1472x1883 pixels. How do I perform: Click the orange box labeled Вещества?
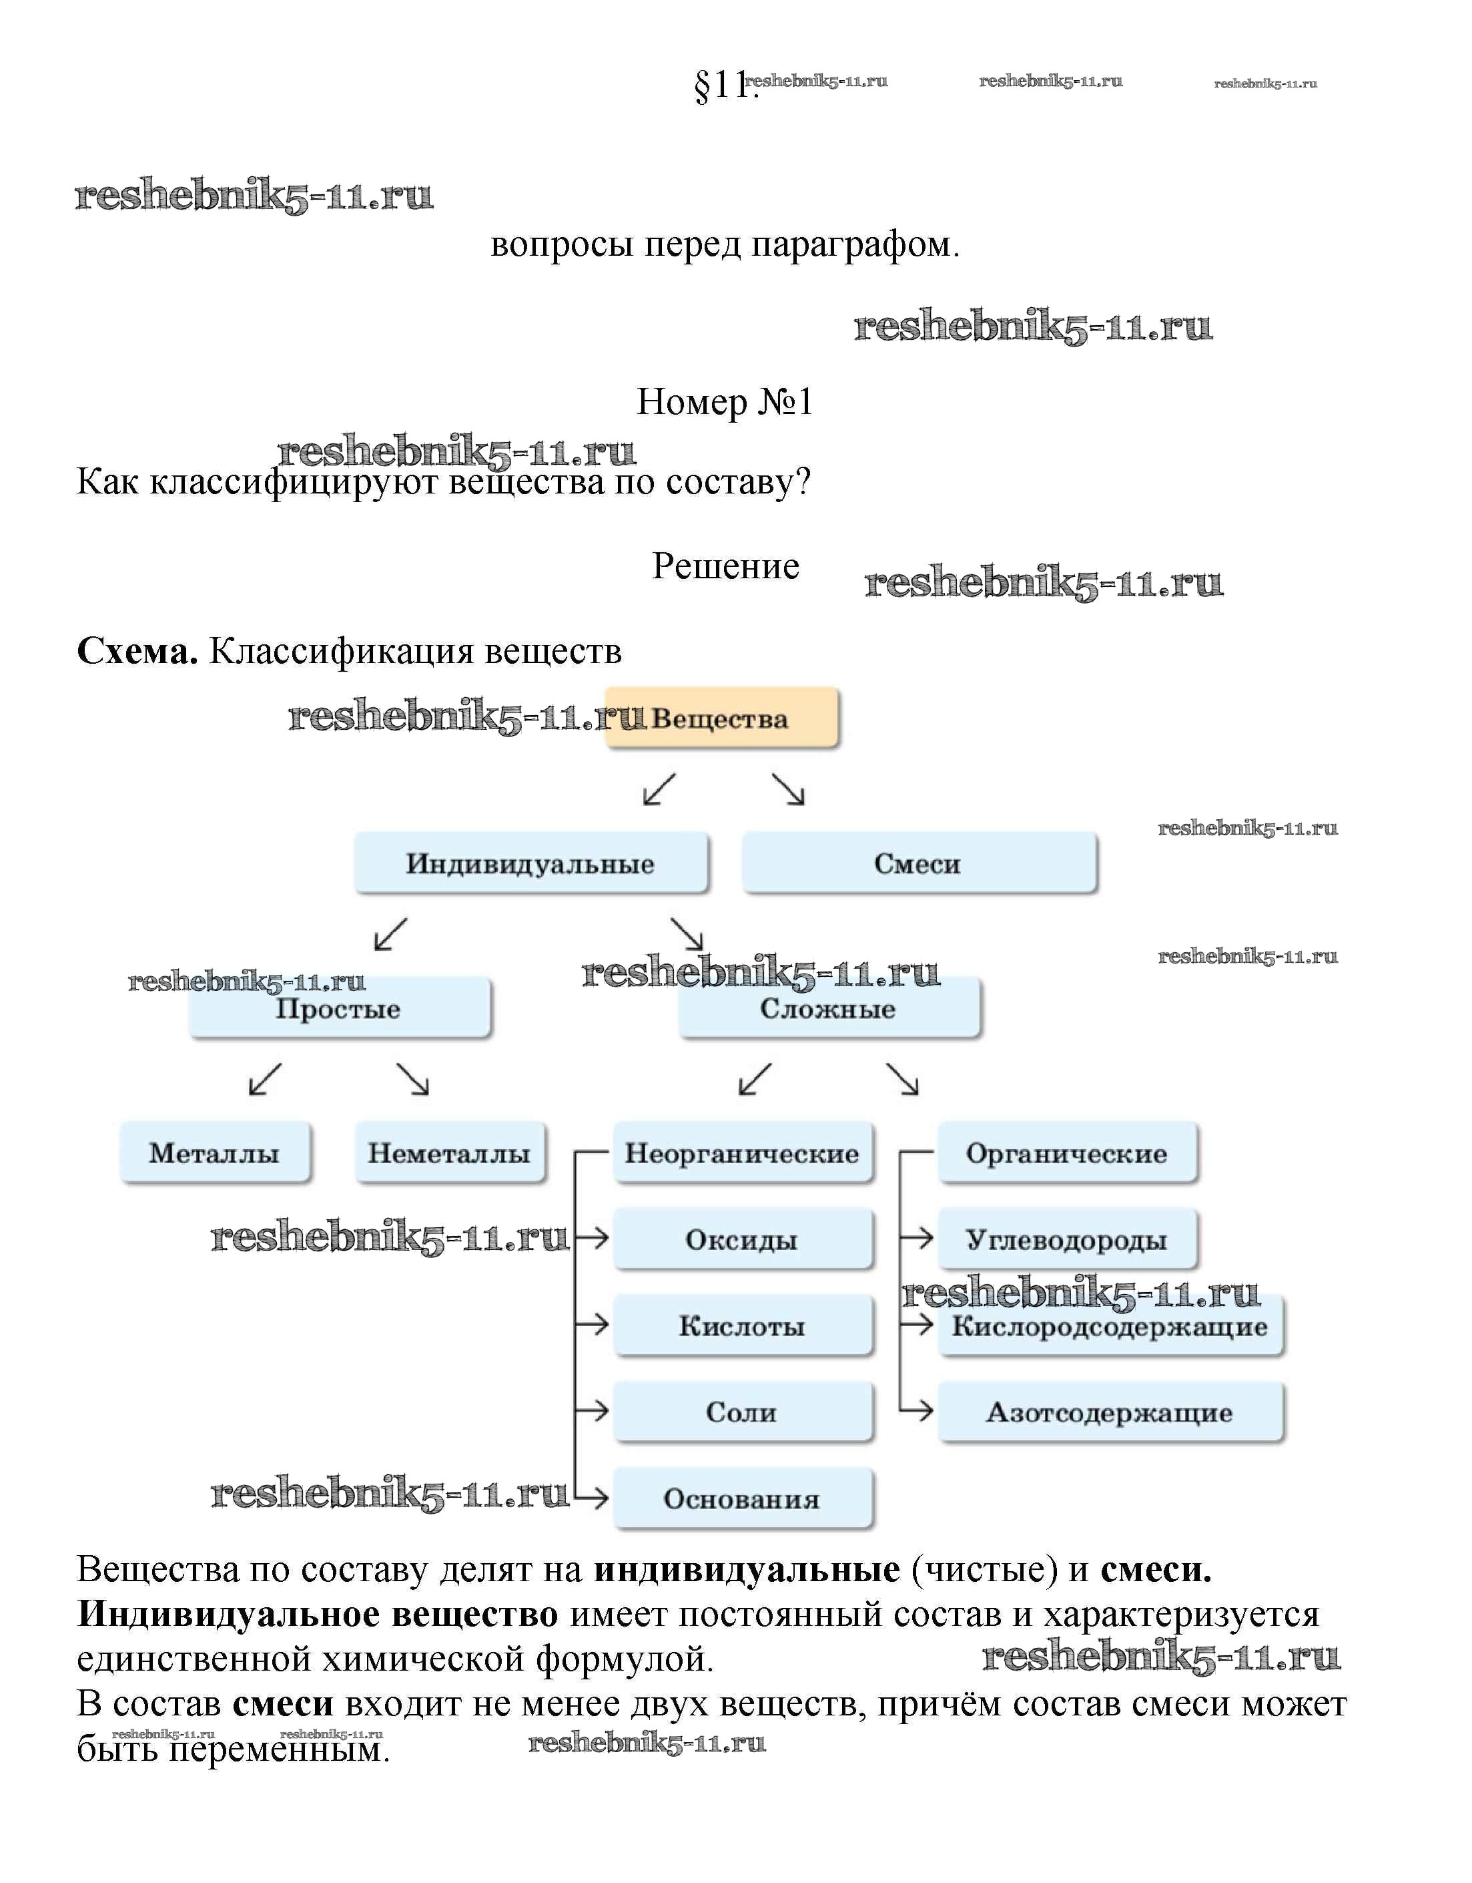[x=722, y=717]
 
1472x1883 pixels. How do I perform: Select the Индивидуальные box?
[x=531, y=863]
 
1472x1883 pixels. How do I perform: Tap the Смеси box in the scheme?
[x=919, y=863]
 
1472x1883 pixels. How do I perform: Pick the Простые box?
[x=340, y=1008]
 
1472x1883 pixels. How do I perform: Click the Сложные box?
[x=829, y=1008]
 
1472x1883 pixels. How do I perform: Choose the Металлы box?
[x=215, y=1153]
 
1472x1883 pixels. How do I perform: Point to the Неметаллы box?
[x=450, y=1153]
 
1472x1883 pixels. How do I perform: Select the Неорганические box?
[x=743, y=1153]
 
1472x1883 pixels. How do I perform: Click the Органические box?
[x=1067, y=1153]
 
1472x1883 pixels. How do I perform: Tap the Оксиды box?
[x=743, y=1239]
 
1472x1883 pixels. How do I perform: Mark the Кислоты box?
[x=743, y=1325]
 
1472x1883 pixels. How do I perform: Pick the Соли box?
[x=743, y=1412]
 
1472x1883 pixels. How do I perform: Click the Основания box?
[x=743, y=1498]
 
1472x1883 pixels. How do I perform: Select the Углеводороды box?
[x=1067, y=1239]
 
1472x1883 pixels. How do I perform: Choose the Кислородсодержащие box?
[x=1110, y=1326]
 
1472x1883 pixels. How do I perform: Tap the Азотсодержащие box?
[x=1110, y=1412]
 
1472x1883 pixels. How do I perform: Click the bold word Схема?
[x=137, y=651]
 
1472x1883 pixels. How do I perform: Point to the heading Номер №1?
[x=725, y=402]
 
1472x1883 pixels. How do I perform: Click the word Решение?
[x=726, y=566]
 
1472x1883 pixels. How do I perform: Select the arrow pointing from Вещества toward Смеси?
[x=787, y=789]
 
